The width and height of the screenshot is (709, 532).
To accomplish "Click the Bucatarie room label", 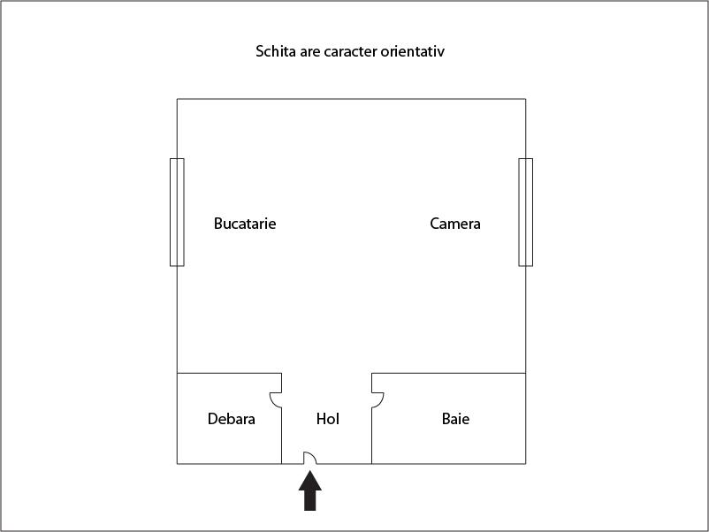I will click(245, 224).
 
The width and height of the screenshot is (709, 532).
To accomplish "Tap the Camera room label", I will click(455, 224).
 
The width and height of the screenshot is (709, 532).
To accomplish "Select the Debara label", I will click(232, 419).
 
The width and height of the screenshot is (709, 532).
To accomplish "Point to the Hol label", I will click(328, 419).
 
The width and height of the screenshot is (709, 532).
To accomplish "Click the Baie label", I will click(455, 419).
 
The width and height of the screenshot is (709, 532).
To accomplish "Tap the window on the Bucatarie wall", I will click(177, 212).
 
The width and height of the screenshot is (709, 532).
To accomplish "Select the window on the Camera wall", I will click(525, 212).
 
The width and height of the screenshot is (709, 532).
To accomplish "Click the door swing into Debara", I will click(276, 399).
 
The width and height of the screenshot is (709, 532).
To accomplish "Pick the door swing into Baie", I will click(377, 399).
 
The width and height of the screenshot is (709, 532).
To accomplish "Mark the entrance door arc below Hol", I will click(310, 457).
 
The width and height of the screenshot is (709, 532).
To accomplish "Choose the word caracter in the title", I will click(349, 51).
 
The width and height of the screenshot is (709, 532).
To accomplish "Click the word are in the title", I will click(309, 51).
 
